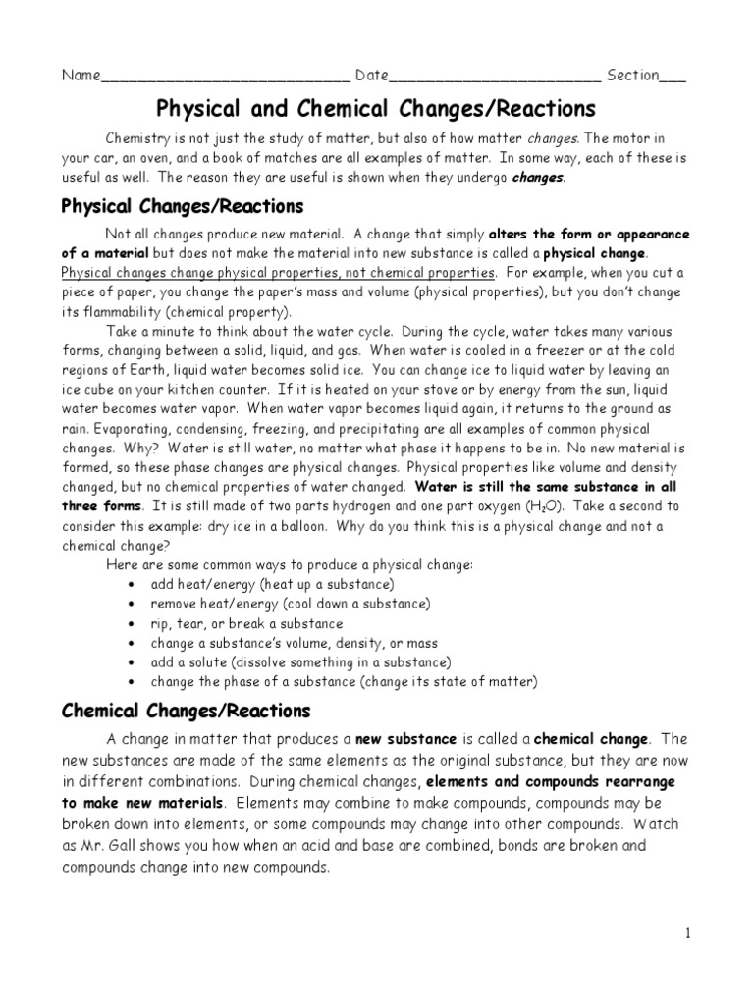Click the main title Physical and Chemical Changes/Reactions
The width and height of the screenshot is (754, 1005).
pos(377,107)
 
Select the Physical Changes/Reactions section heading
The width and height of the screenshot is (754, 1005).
pos(183,207)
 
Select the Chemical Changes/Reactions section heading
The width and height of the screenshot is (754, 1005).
pos(186,710)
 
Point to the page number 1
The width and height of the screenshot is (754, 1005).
pos(688,933)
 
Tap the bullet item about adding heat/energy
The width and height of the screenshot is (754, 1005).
pos(259,584)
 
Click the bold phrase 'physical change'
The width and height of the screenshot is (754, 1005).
pos(600,253)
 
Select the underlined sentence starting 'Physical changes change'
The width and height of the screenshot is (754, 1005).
pos(278,272)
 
